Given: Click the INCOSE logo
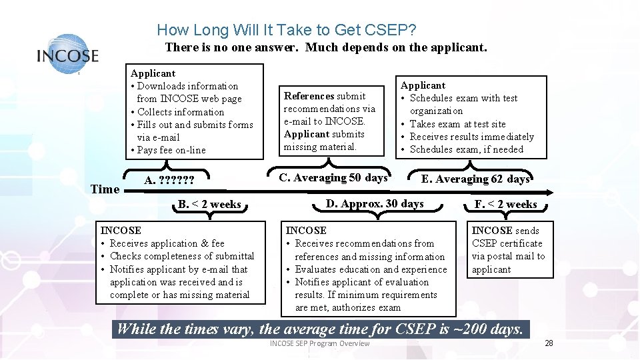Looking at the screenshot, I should [67, 54].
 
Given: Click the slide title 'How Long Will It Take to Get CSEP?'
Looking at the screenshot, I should [287, 30].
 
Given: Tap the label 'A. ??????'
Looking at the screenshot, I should [169, 180].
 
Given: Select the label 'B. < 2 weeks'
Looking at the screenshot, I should [209, 204].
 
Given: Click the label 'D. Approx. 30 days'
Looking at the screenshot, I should [375, 203].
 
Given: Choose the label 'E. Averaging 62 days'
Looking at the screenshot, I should [475, 179].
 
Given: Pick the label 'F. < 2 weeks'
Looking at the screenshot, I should [505, 204].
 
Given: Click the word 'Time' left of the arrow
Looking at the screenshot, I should [105, 189].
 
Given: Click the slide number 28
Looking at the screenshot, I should [549, 343].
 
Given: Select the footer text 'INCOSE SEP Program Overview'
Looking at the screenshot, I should [319, 343].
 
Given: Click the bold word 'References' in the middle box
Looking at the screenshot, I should [309, 96].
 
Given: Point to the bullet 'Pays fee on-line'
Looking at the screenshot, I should [171, 150].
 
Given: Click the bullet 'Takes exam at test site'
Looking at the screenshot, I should [457, 124].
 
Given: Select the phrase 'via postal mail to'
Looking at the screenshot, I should [508, 256].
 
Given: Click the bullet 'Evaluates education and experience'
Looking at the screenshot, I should [371, 269].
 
